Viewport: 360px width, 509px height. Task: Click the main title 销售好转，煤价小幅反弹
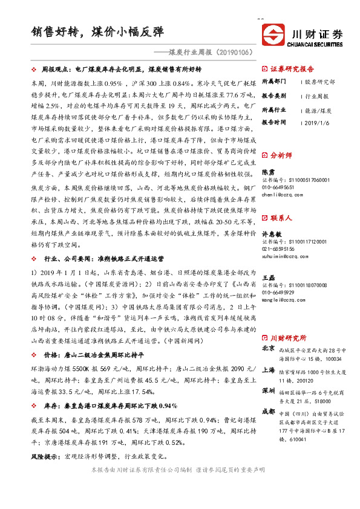(97, 31)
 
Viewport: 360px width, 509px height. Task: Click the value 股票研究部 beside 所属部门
(320, 81)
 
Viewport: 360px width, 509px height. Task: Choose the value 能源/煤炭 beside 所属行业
(318, 109)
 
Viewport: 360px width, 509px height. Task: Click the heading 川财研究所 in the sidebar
(288, 337)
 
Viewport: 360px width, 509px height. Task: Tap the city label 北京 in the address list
(269, 349)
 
